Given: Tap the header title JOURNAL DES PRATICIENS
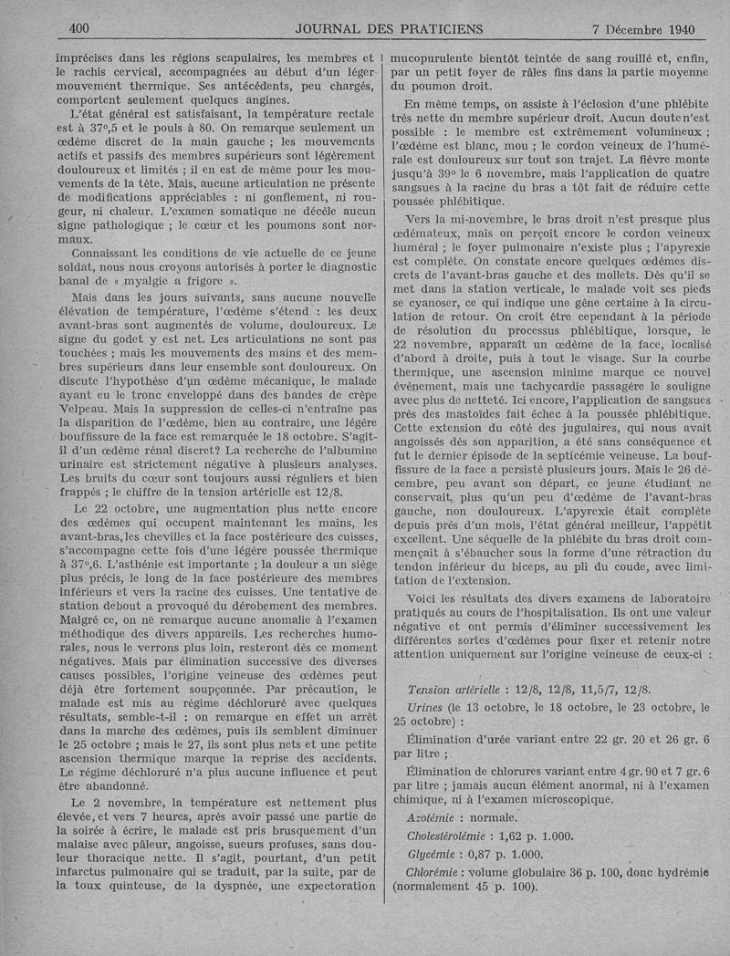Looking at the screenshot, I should point(363,29).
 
